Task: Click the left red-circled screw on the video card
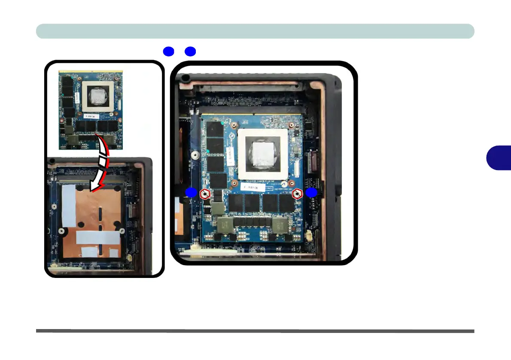(206, 194)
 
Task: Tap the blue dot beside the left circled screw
(192, 193)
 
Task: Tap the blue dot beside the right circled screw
(311, 193)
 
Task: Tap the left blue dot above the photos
(168, 52)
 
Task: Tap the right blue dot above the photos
(190, 52)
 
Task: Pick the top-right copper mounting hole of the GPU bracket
(291, 126)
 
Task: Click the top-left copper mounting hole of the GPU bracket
(234, 126)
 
